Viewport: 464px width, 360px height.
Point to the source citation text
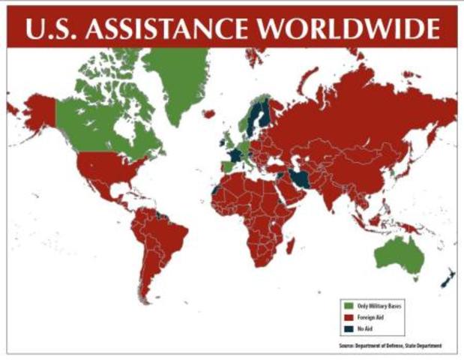(390, 345)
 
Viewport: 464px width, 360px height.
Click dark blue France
(235, 154)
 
